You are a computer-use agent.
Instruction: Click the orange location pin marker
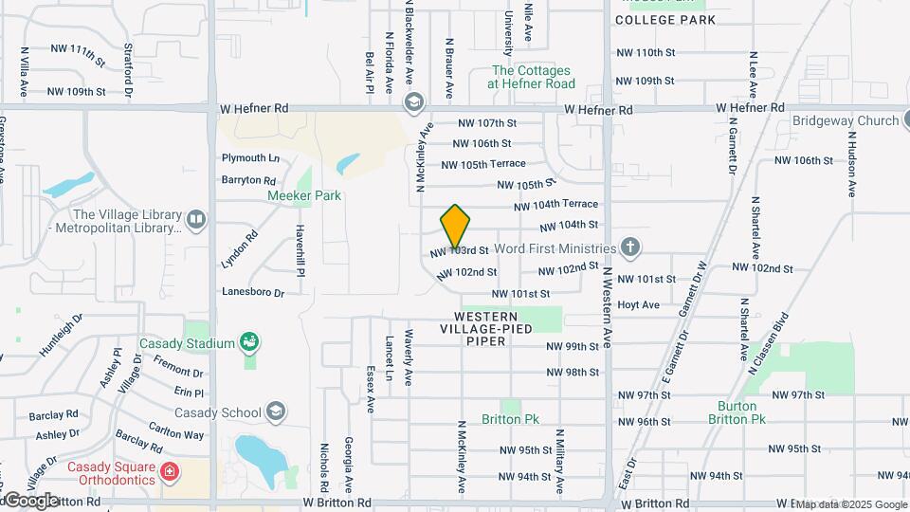(x=455, y=226)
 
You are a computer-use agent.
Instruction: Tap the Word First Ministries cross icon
(x=631, y=248)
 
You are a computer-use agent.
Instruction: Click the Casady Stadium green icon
(x=249, y=341)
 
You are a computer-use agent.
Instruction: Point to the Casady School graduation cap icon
(x=275, y=411)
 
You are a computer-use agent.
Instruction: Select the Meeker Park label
(x=278, y=195)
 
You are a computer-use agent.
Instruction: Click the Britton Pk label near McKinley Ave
(x=510, y=418)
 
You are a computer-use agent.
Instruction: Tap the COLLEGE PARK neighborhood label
(x=664, y=19)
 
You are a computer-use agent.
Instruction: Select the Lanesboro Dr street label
(x=253, y=293)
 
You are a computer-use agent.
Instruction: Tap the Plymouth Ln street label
(x=250, y=157)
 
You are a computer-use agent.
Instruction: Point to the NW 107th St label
(x=486, y=123)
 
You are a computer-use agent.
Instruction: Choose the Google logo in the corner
(x=31, y=500)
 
